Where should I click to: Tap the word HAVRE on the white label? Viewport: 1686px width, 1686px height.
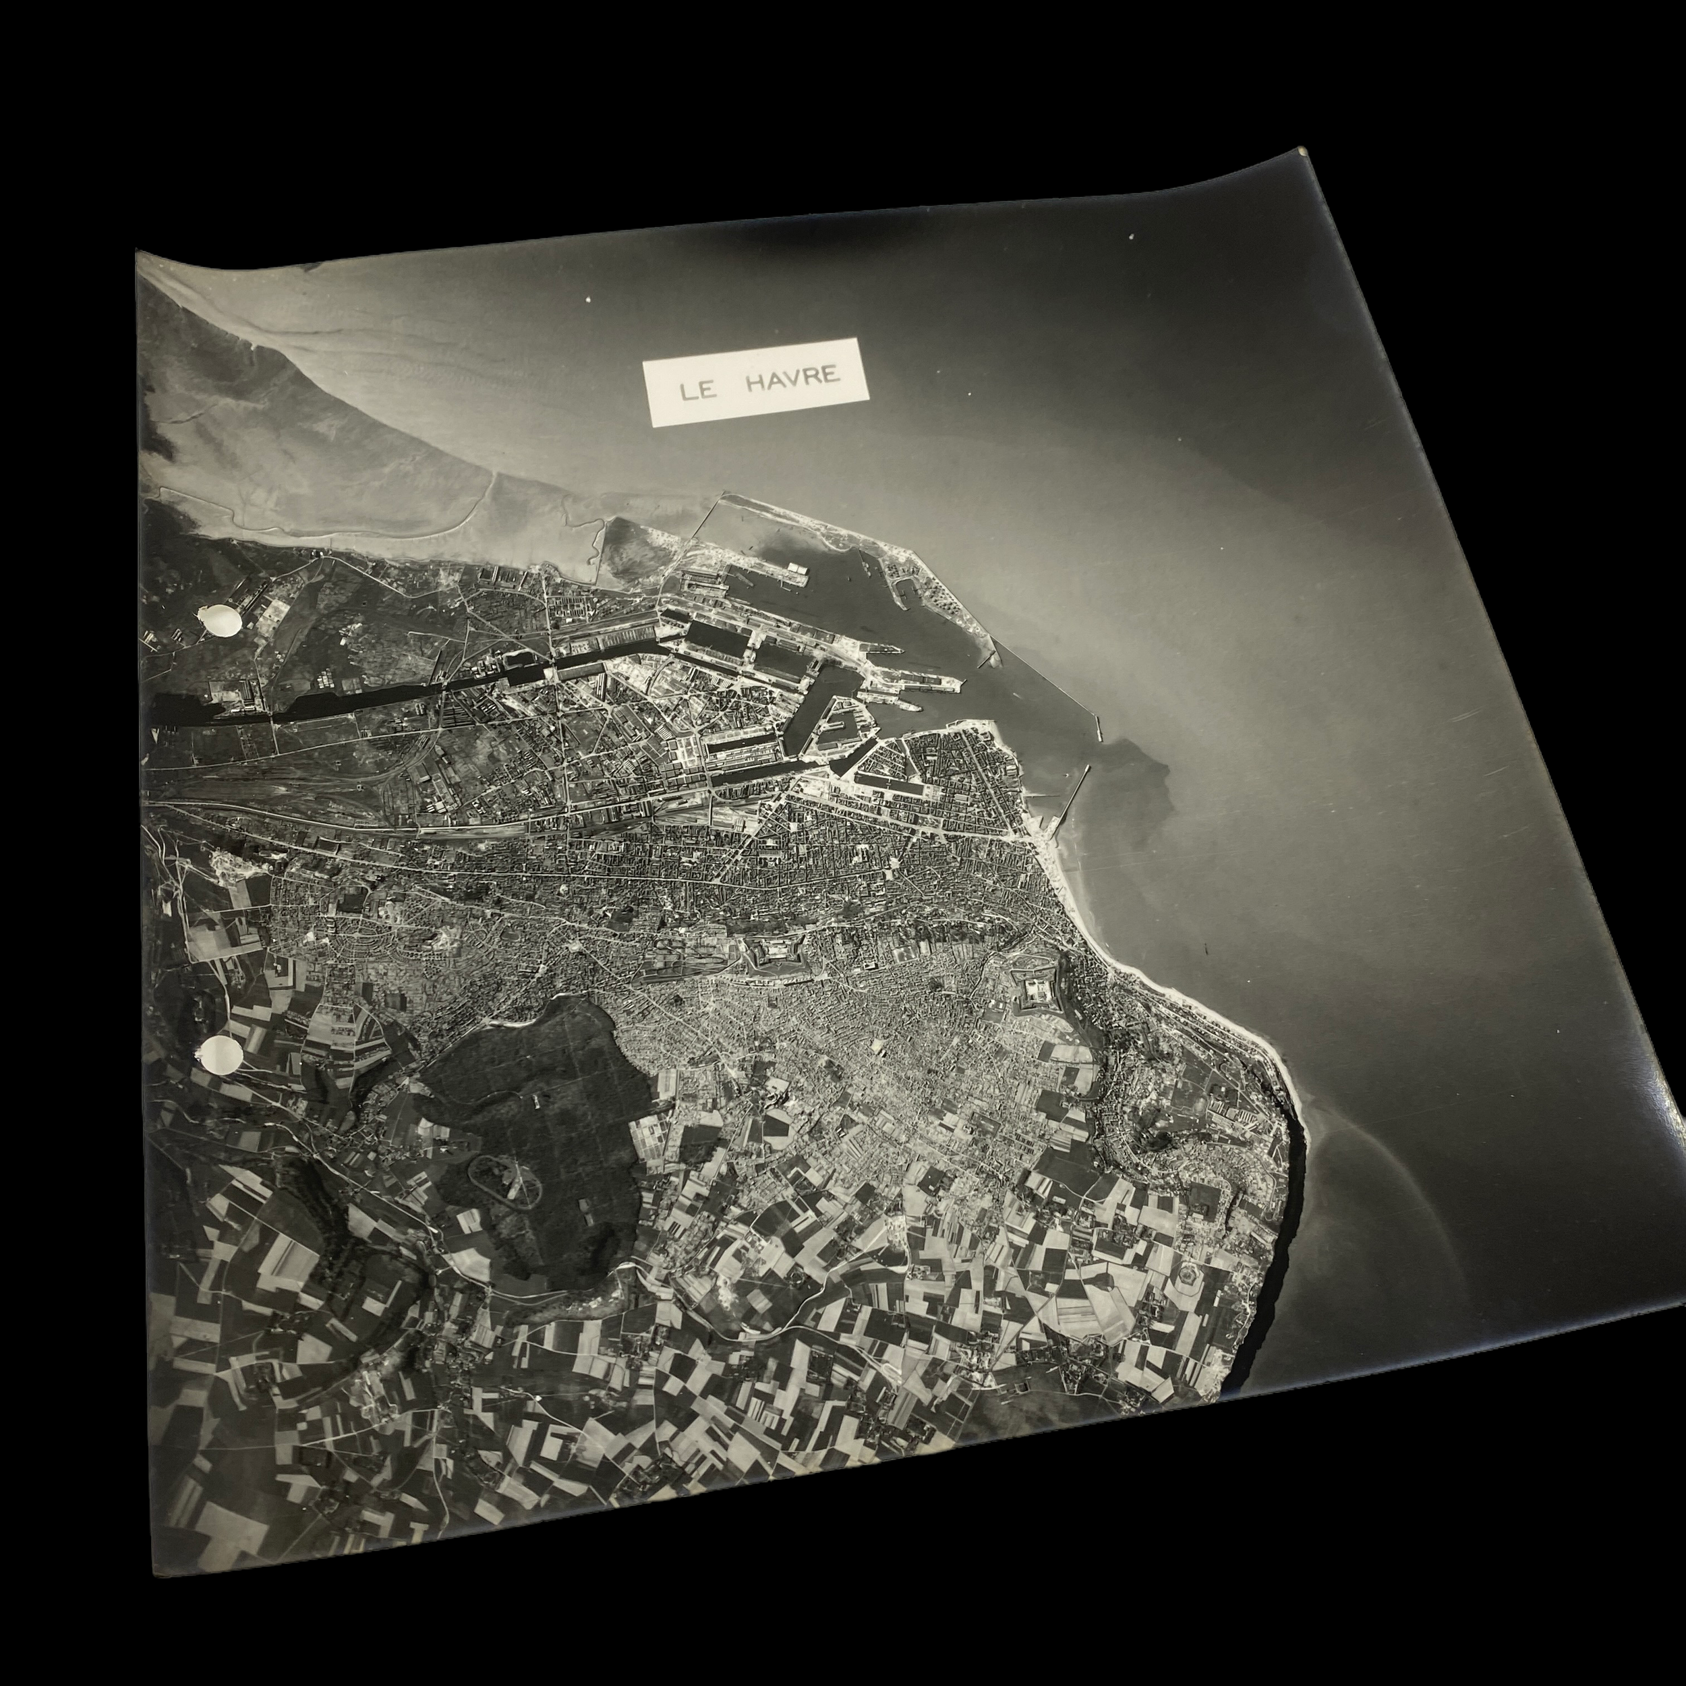point(793,378)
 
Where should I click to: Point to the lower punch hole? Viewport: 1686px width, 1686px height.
point(222,1057)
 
